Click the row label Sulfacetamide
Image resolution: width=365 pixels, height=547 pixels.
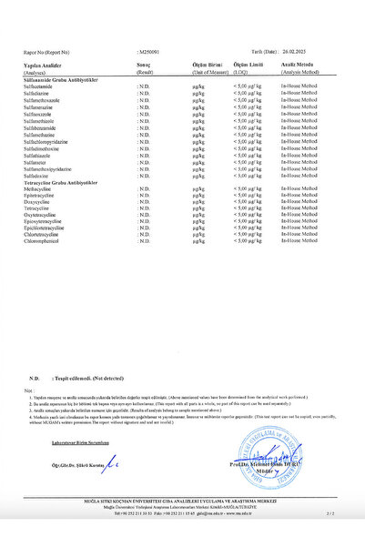[42, 86]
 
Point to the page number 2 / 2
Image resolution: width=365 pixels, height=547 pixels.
[329, 514]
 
